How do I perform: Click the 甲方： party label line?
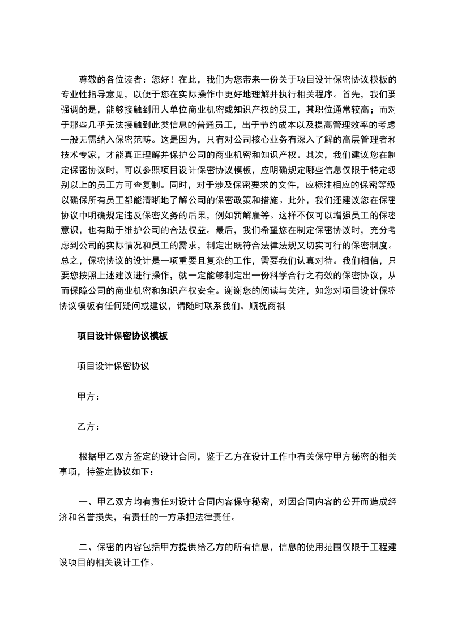88,396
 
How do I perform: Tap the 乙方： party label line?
88,426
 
